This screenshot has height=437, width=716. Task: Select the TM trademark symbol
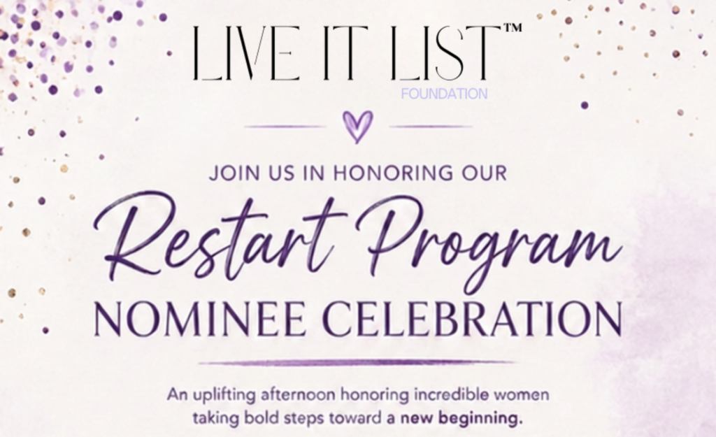point(513,28)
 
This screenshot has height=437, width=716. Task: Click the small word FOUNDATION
point(444,94)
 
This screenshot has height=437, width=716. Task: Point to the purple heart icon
point(357,127)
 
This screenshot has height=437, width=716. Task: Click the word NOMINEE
point(200,319)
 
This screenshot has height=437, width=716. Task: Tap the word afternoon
point(298,394)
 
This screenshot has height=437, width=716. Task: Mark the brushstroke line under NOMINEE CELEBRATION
point(357,363)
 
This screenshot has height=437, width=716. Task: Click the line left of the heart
point(285,127)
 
